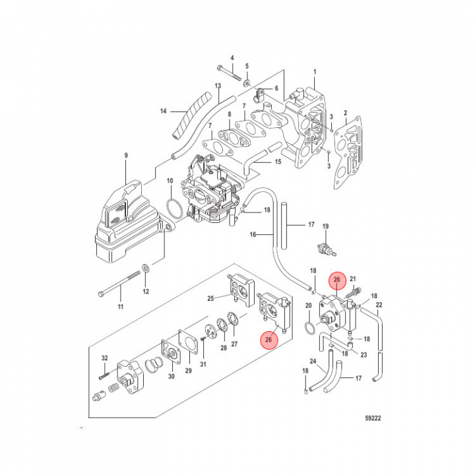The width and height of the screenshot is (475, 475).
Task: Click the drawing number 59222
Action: coord(373,418)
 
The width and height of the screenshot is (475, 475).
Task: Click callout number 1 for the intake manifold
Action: coord(315,71)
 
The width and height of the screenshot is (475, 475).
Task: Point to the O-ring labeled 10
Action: coord(174,207)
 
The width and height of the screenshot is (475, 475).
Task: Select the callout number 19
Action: coord(325,227)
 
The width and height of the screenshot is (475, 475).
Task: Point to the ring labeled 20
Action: coord(307,327)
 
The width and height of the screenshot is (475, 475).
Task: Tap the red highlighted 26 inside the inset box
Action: coord(269,340)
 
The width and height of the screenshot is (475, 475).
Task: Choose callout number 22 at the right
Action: coord(379,305)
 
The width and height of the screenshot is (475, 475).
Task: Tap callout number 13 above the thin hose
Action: coord(218,86)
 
